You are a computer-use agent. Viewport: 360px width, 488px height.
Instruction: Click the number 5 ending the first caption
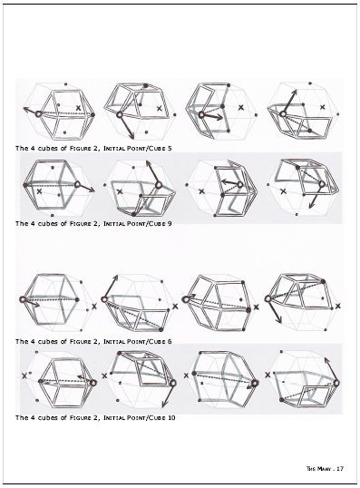click(170, 145)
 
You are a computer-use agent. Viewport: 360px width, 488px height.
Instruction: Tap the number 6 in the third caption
click(170, 341)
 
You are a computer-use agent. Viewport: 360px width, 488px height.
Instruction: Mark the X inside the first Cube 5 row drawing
click(80, 108)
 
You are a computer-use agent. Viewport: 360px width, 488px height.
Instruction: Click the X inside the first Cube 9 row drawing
click(40, 191)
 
